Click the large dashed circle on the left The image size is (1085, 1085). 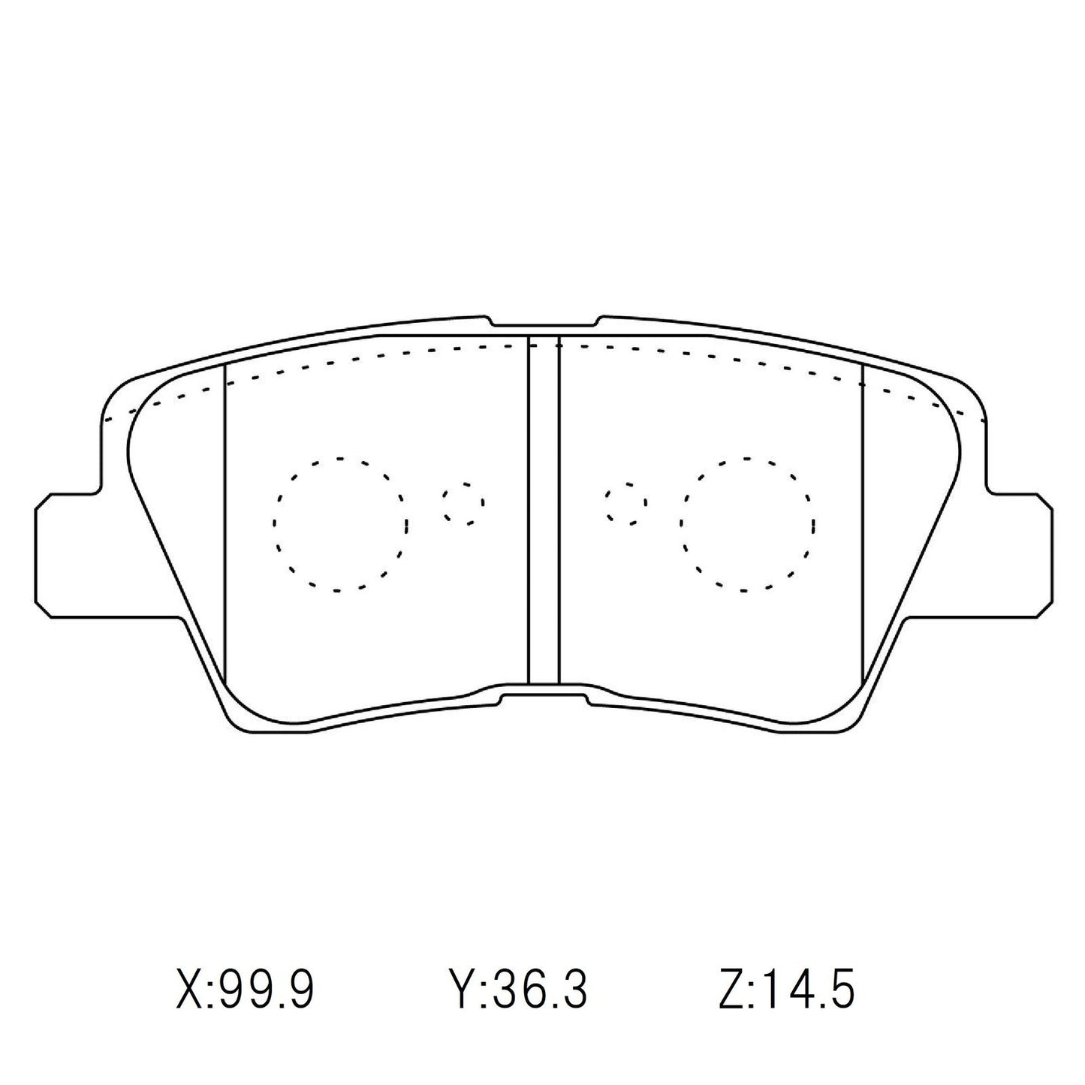[x=340, y=523]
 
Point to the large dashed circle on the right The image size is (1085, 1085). [x=746, y=523]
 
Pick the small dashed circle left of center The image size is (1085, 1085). [x=463, y=503]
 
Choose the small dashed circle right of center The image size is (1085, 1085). [x=626, y=503]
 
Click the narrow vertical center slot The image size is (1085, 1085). [x=544, y=511]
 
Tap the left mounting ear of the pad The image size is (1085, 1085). [x=68, y=556]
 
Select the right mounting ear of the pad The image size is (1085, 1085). [x=1020, y=556]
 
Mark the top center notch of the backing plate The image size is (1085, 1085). [x=544, y=323]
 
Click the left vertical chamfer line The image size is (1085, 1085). [x=226, y=526]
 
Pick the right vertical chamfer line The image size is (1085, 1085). [x=863, y=526]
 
